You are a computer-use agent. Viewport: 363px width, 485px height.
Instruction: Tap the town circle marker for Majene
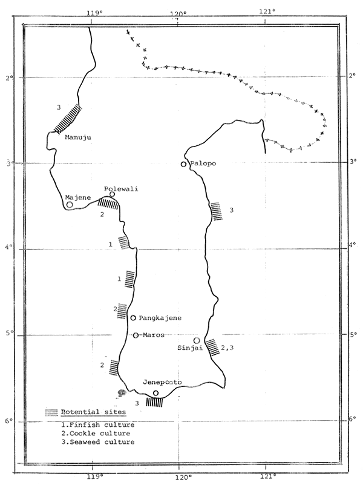point(70,205)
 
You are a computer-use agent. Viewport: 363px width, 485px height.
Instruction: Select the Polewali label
point(121,189)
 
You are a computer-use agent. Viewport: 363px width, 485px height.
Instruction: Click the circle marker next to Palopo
point(183,164)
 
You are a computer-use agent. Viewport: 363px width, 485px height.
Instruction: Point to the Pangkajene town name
point(160,318)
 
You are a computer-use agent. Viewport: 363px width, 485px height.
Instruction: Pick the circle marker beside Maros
point(136,335)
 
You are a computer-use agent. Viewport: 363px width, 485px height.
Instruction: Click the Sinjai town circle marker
point(197,341)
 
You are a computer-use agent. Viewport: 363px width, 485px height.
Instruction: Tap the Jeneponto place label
point(163,383)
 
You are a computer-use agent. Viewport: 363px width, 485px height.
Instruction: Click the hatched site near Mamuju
point(67,119)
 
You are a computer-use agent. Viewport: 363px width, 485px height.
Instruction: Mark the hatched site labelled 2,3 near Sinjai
point(212,347)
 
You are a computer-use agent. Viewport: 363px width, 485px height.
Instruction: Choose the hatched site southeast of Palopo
point(217,211)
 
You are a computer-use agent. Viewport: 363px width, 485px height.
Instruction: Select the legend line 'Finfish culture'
point(100,425)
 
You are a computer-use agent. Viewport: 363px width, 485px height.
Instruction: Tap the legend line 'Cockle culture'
point(99,434)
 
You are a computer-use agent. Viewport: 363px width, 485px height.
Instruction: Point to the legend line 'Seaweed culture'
point(100,442)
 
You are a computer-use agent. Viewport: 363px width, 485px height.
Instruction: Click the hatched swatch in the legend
point(53,412)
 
